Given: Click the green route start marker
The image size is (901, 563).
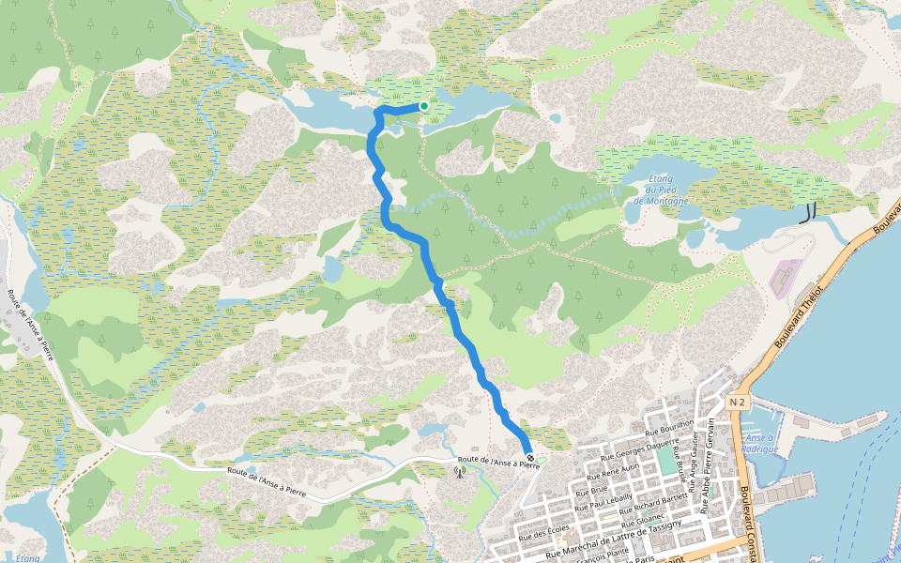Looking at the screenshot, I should [x=424, y=106].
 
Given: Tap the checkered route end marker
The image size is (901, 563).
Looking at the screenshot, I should [x=530, y=458].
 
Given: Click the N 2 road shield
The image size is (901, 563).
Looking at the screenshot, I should [x=737, y=403].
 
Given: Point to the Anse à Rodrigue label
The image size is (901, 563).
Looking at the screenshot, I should [x=761, y=443].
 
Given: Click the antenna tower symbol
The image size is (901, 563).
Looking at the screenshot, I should [x=460, y=473].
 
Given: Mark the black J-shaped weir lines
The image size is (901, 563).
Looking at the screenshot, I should [x=806, y=213].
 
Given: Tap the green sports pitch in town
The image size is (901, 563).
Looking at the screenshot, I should [x=666, y=461].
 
